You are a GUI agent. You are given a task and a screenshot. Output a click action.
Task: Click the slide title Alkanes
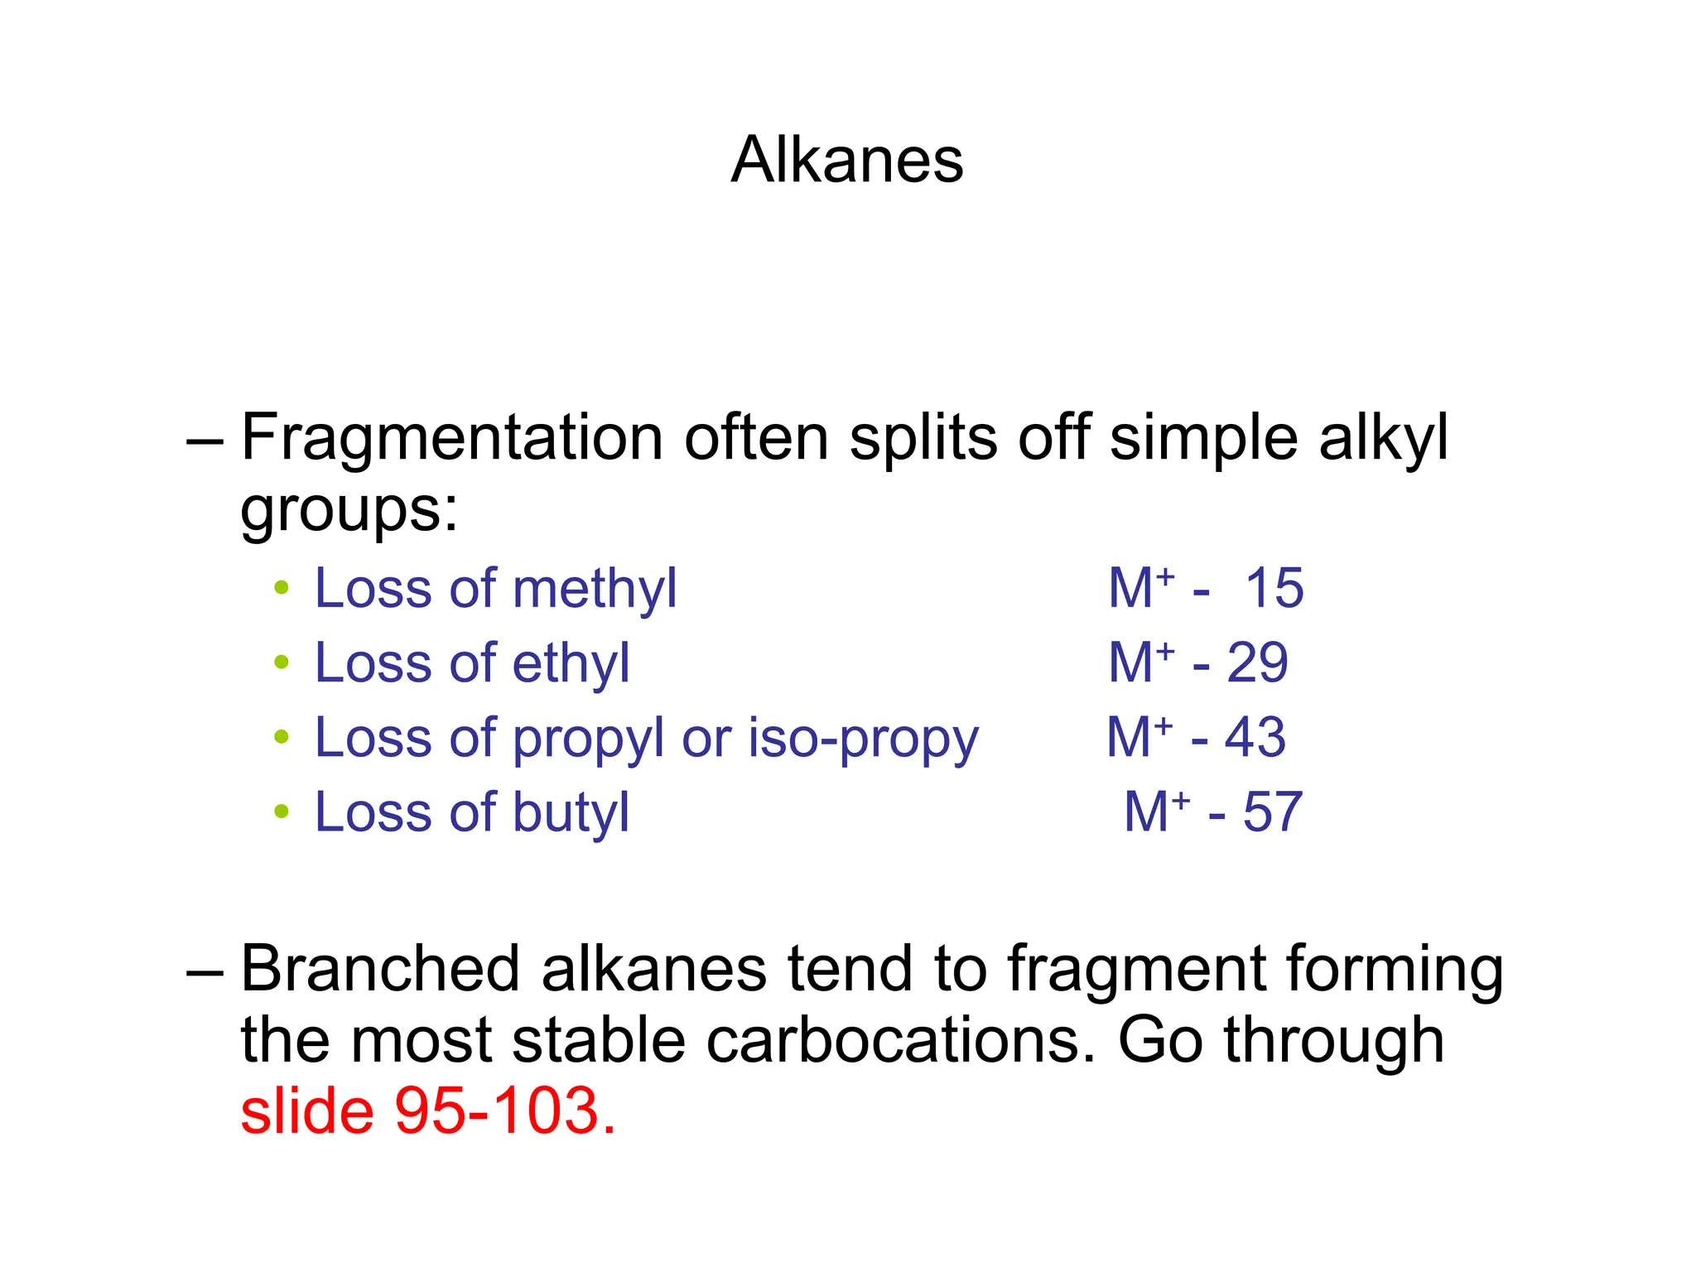(847, 160)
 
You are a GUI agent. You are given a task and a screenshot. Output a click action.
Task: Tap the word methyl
(595, 590)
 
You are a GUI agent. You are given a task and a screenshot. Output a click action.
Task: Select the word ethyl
(571, 664)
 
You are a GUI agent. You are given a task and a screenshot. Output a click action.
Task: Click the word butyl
(571, 813)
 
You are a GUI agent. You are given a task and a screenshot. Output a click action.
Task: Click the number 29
(1257, 663)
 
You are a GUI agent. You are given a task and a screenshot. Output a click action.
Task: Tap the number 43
(1255, 738)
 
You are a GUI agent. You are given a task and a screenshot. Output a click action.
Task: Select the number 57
(1273, 812)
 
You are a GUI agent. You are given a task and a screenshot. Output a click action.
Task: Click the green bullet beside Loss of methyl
(282, 589)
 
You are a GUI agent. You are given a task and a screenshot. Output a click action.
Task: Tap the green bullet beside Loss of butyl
(282, 812)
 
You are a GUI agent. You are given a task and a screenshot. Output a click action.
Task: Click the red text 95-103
(505, 1111)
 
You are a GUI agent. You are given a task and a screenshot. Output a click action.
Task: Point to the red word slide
(306, 1111)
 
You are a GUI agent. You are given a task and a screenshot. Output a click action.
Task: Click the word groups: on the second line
(349, 510)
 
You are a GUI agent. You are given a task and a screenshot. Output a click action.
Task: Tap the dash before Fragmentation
(205, 439)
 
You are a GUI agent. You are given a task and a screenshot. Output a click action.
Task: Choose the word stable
(599, 1040)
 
